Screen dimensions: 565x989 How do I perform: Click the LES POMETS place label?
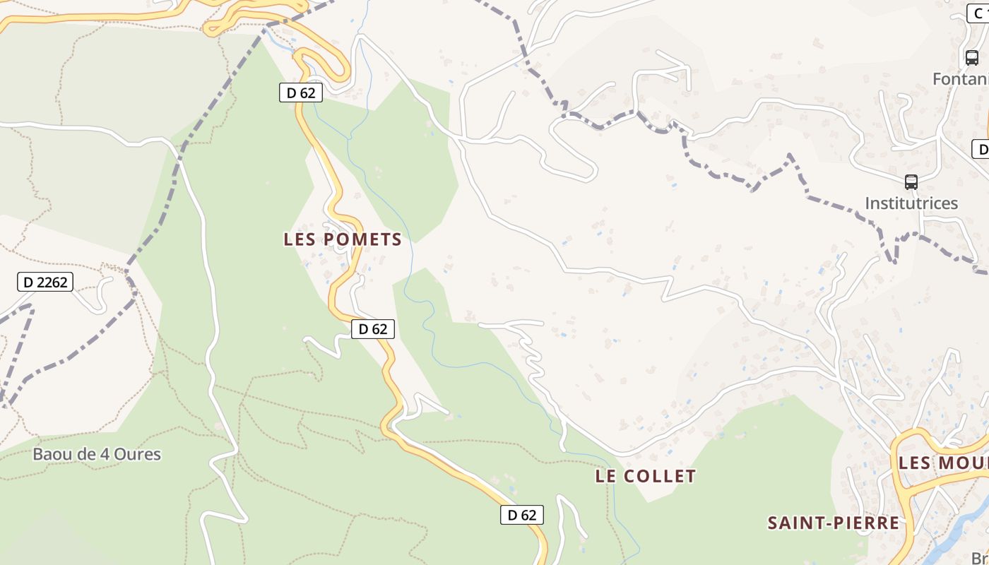[x=343, y=239]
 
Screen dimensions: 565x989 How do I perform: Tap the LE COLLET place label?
[x=645, y=476]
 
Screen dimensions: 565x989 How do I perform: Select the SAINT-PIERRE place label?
[x=834, y=523]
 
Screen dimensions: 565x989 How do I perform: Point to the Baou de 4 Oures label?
[x=97, y=454]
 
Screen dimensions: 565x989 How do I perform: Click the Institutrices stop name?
[x=911, y=203]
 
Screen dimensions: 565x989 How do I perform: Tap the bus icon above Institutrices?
[x=911, y=182]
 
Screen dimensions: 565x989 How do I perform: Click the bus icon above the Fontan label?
[x=972, y=58]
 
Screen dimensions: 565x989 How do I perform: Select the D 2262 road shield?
[x=45, y=282]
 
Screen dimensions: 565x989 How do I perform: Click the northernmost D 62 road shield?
[x=301, y=93]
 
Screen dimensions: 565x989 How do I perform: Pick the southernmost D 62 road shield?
[x=522, y=515]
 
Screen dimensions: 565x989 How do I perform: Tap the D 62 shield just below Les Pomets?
[x=372, y=328]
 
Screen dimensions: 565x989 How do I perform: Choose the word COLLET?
[x=661, y=476]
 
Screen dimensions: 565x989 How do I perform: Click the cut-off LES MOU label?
[x=942, y=463]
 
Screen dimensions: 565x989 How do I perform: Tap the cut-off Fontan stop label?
[x=960, y=78]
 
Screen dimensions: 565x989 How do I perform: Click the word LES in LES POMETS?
[x=299, y=239]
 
